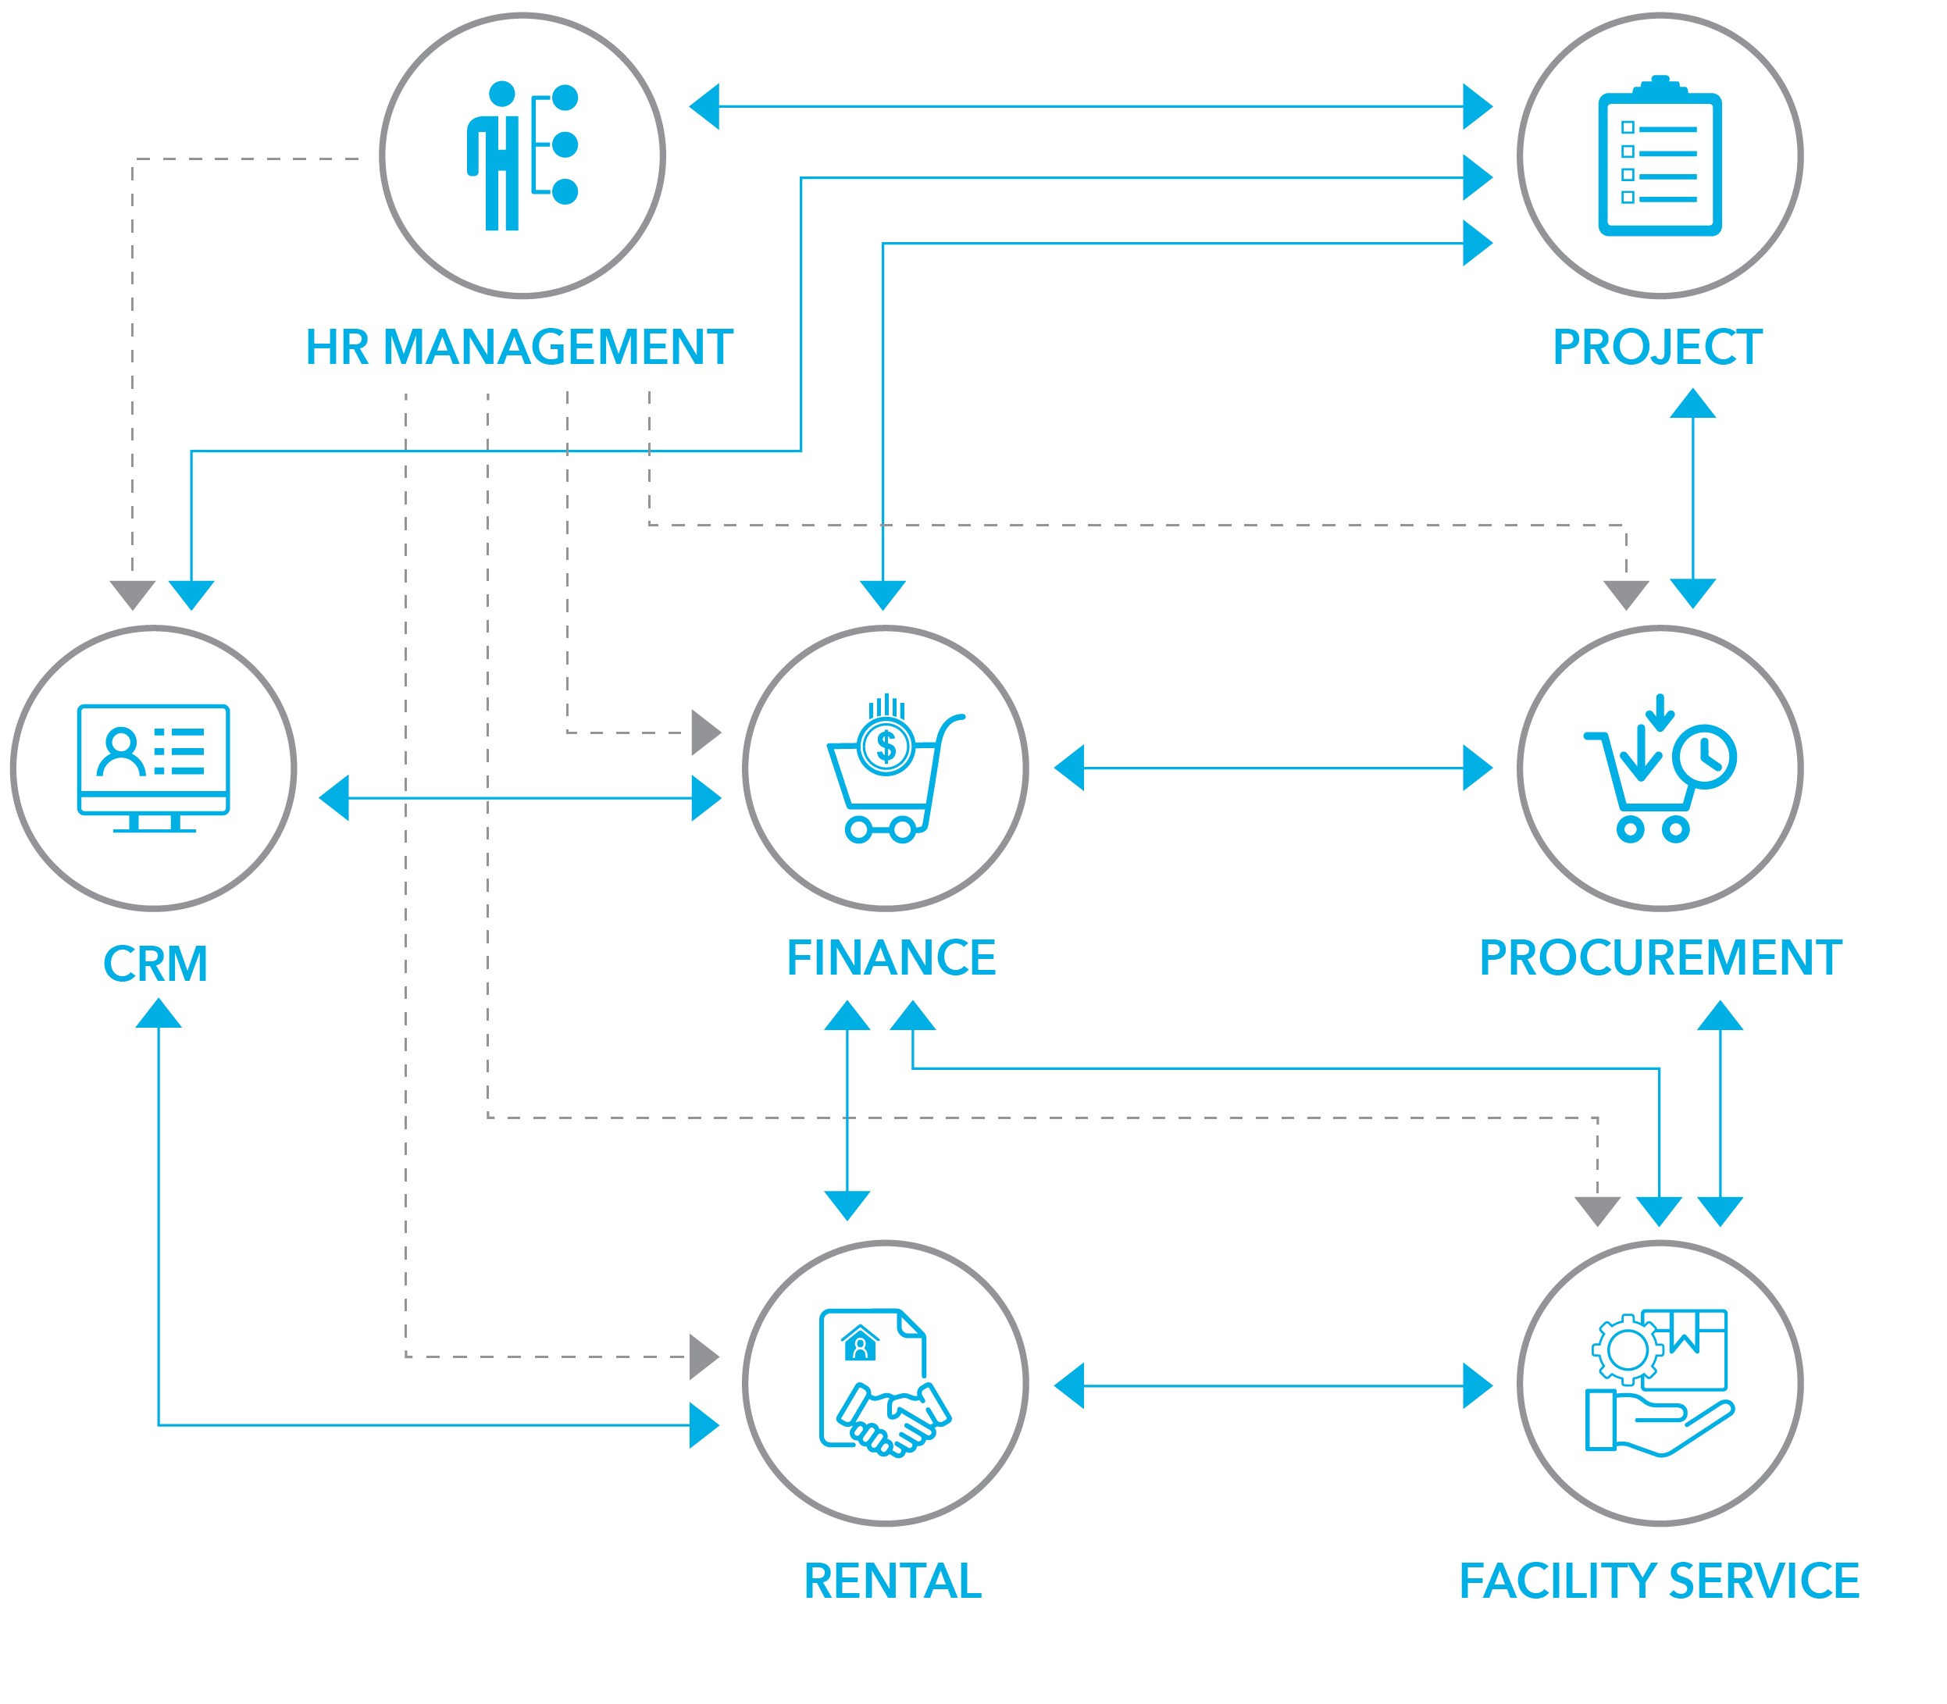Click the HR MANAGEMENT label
519,347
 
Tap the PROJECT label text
1657,347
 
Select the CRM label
155,963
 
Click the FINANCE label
890,957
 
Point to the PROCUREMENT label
1660,957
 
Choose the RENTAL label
891,1581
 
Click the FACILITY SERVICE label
1659,1581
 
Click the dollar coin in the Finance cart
886,747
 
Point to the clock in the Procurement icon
1706,756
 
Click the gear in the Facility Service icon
1627,1349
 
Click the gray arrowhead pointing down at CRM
132,594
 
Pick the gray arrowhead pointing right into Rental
703,1356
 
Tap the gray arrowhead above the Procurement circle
1625,594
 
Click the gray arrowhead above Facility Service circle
1597,1210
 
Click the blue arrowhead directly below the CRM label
158,1014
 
